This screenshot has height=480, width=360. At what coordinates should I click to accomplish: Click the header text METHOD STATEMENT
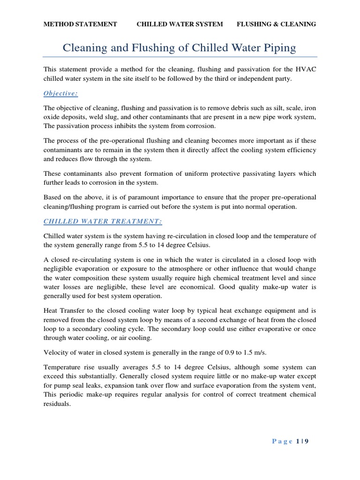point(80,24)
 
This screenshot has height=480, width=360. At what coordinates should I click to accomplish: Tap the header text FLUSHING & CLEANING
point(276,24)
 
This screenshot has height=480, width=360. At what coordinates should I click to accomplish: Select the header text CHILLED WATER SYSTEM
point(180,24)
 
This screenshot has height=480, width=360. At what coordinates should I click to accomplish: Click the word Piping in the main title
point(279,48)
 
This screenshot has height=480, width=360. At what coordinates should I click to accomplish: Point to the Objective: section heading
point(60,93)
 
